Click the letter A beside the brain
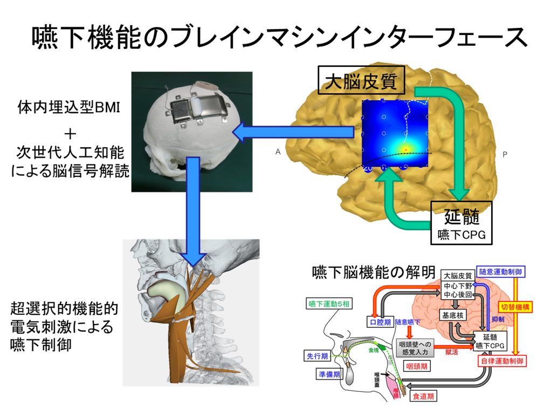[x=278, y=153]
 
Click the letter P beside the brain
[x=505, y=154]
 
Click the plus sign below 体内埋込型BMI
[x=70, y=133]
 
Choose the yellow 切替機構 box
[x=516, y=307]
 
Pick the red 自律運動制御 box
[x=502, y=361]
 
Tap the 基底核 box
[x=453, y=315]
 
